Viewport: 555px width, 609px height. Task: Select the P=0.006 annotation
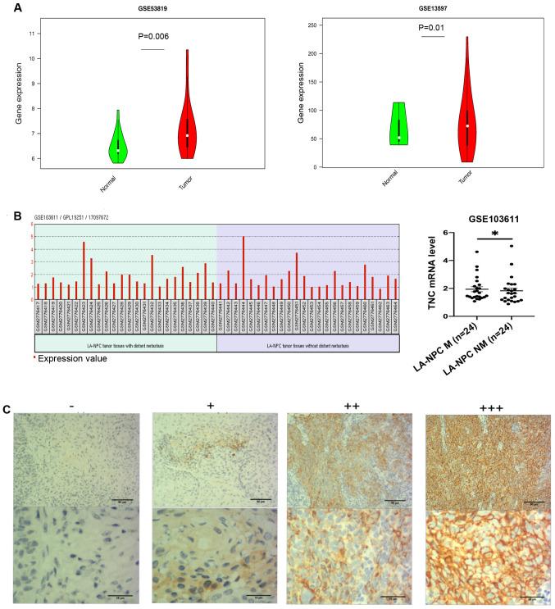pyautogui.click(x=153, y=35)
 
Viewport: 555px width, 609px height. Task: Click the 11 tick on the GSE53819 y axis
pyautogui.click(x=31, y=34)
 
